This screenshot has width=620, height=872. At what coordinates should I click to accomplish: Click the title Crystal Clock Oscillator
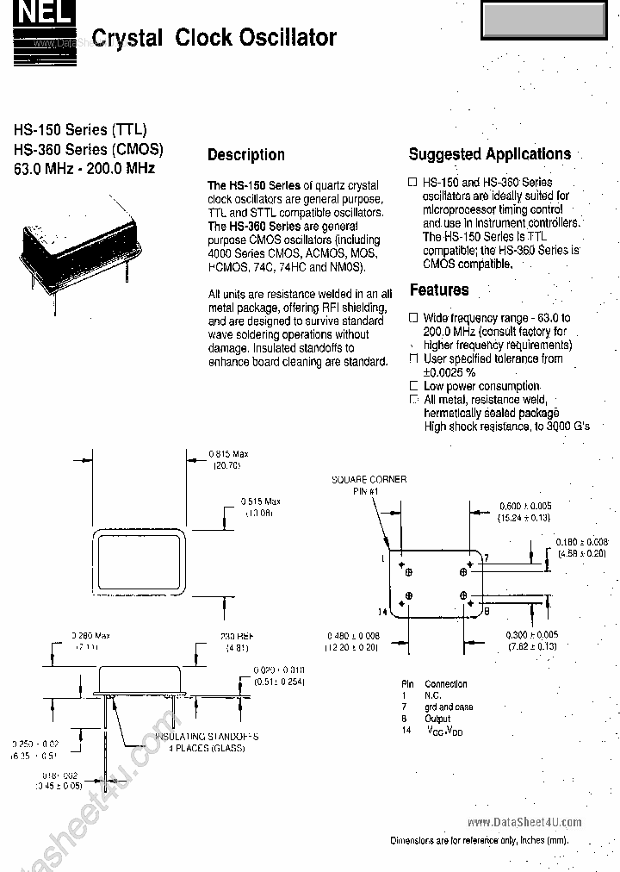pyautogui.click(x=214, y=38)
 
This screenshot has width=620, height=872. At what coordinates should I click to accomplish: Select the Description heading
pyautogui.click(x=245, y=155)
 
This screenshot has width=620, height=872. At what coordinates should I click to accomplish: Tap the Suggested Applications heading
pyautogui.click(x=489, y=154)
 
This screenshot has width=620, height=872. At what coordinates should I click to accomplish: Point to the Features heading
pyautogui.click(x=439, y=290)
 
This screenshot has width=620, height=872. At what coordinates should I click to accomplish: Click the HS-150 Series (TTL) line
pyautogui.click(x=72, y=130)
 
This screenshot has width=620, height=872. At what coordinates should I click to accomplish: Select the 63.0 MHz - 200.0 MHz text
pyautogui.click(x=84, y=169)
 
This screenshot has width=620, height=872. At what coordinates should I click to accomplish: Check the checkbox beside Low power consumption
pyautogui.click(x=414, y=386)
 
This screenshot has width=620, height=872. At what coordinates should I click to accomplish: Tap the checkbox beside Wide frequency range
pyautogui.click(x=414, y=317)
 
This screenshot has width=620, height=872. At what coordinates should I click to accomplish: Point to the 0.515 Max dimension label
pyautogui.click(x=260, y=501)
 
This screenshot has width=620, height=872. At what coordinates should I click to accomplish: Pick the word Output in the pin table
pyautogui.click(x=437, y=719)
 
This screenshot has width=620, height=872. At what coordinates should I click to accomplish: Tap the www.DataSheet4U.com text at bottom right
pyautogui.click(x=524, y=822)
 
